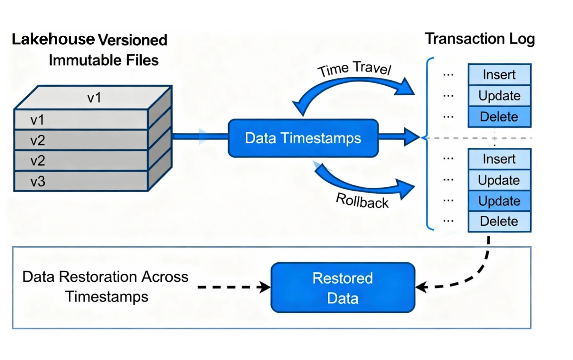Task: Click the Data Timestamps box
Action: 303,138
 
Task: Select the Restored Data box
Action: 343,288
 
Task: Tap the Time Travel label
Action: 354,68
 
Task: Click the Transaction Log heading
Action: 480,39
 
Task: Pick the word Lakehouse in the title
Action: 53,39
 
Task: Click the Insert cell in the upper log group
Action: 499,74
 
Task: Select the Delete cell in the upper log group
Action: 499,117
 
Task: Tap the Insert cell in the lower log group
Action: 499,159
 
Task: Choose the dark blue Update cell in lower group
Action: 499,201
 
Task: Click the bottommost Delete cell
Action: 499,221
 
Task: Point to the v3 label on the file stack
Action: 38,182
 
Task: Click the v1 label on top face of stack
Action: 94,98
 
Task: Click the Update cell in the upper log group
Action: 499,96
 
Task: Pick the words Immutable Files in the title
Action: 104,60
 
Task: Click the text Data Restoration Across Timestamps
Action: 106,286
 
